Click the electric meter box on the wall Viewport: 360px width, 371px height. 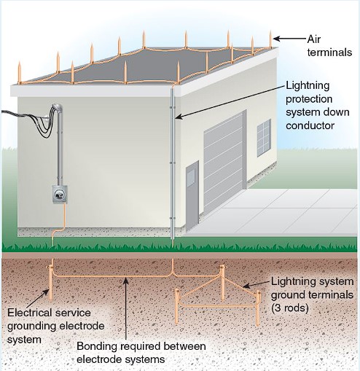60,194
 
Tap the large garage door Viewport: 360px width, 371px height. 223,163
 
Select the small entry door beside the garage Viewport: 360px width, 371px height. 192,195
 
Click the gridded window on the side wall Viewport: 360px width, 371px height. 264,138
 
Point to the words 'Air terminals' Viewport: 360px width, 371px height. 329,46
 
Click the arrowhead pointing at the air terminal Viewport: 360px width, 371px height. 277,39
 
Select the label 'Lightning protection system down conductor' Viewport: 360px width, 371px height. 317,106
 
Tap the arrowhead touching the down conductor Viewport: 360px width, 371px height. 179,117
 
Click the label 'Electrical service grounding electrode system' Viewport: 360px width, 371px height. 56,326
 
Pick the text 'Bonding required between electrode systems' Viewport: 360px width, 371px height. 141,353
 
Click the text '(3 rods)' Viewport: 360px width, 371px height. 289,308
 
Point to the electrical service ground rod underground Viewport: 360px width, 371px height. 50,283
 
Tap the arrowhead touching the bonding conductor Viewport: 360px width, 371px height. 125,281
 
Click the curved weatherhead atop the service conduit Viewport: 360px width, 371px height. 58,108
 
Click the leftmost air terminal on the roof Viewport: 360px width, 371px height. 20,73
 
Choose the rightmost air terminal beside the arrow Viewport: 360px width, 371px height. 270,39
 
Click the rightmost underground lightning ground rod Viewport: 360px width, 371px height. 257,308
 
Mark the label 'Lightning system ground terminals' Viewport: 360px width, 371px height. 312,288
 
